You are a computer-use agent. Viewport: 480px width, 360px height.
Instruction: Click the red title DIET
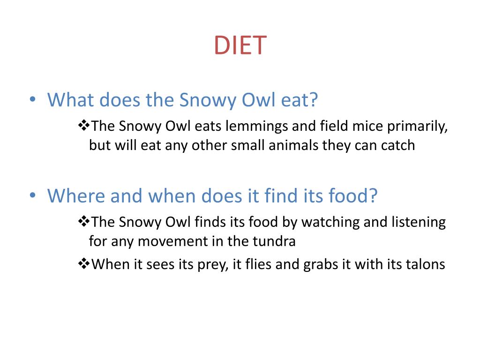240,46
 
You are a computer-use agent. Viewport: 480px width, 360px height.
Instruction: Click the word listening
418,222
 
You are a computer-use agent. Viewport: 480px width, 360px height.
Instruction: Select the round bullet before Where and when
32,196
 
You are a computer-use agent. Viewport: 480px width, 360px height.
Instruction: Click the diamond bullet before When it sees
83,264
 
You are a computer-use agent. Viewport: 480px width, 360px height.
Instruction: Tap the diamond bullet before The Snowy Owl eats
83,126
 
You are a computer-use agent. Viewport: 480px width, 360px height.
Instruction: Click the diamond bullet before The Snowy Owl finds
83,222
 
